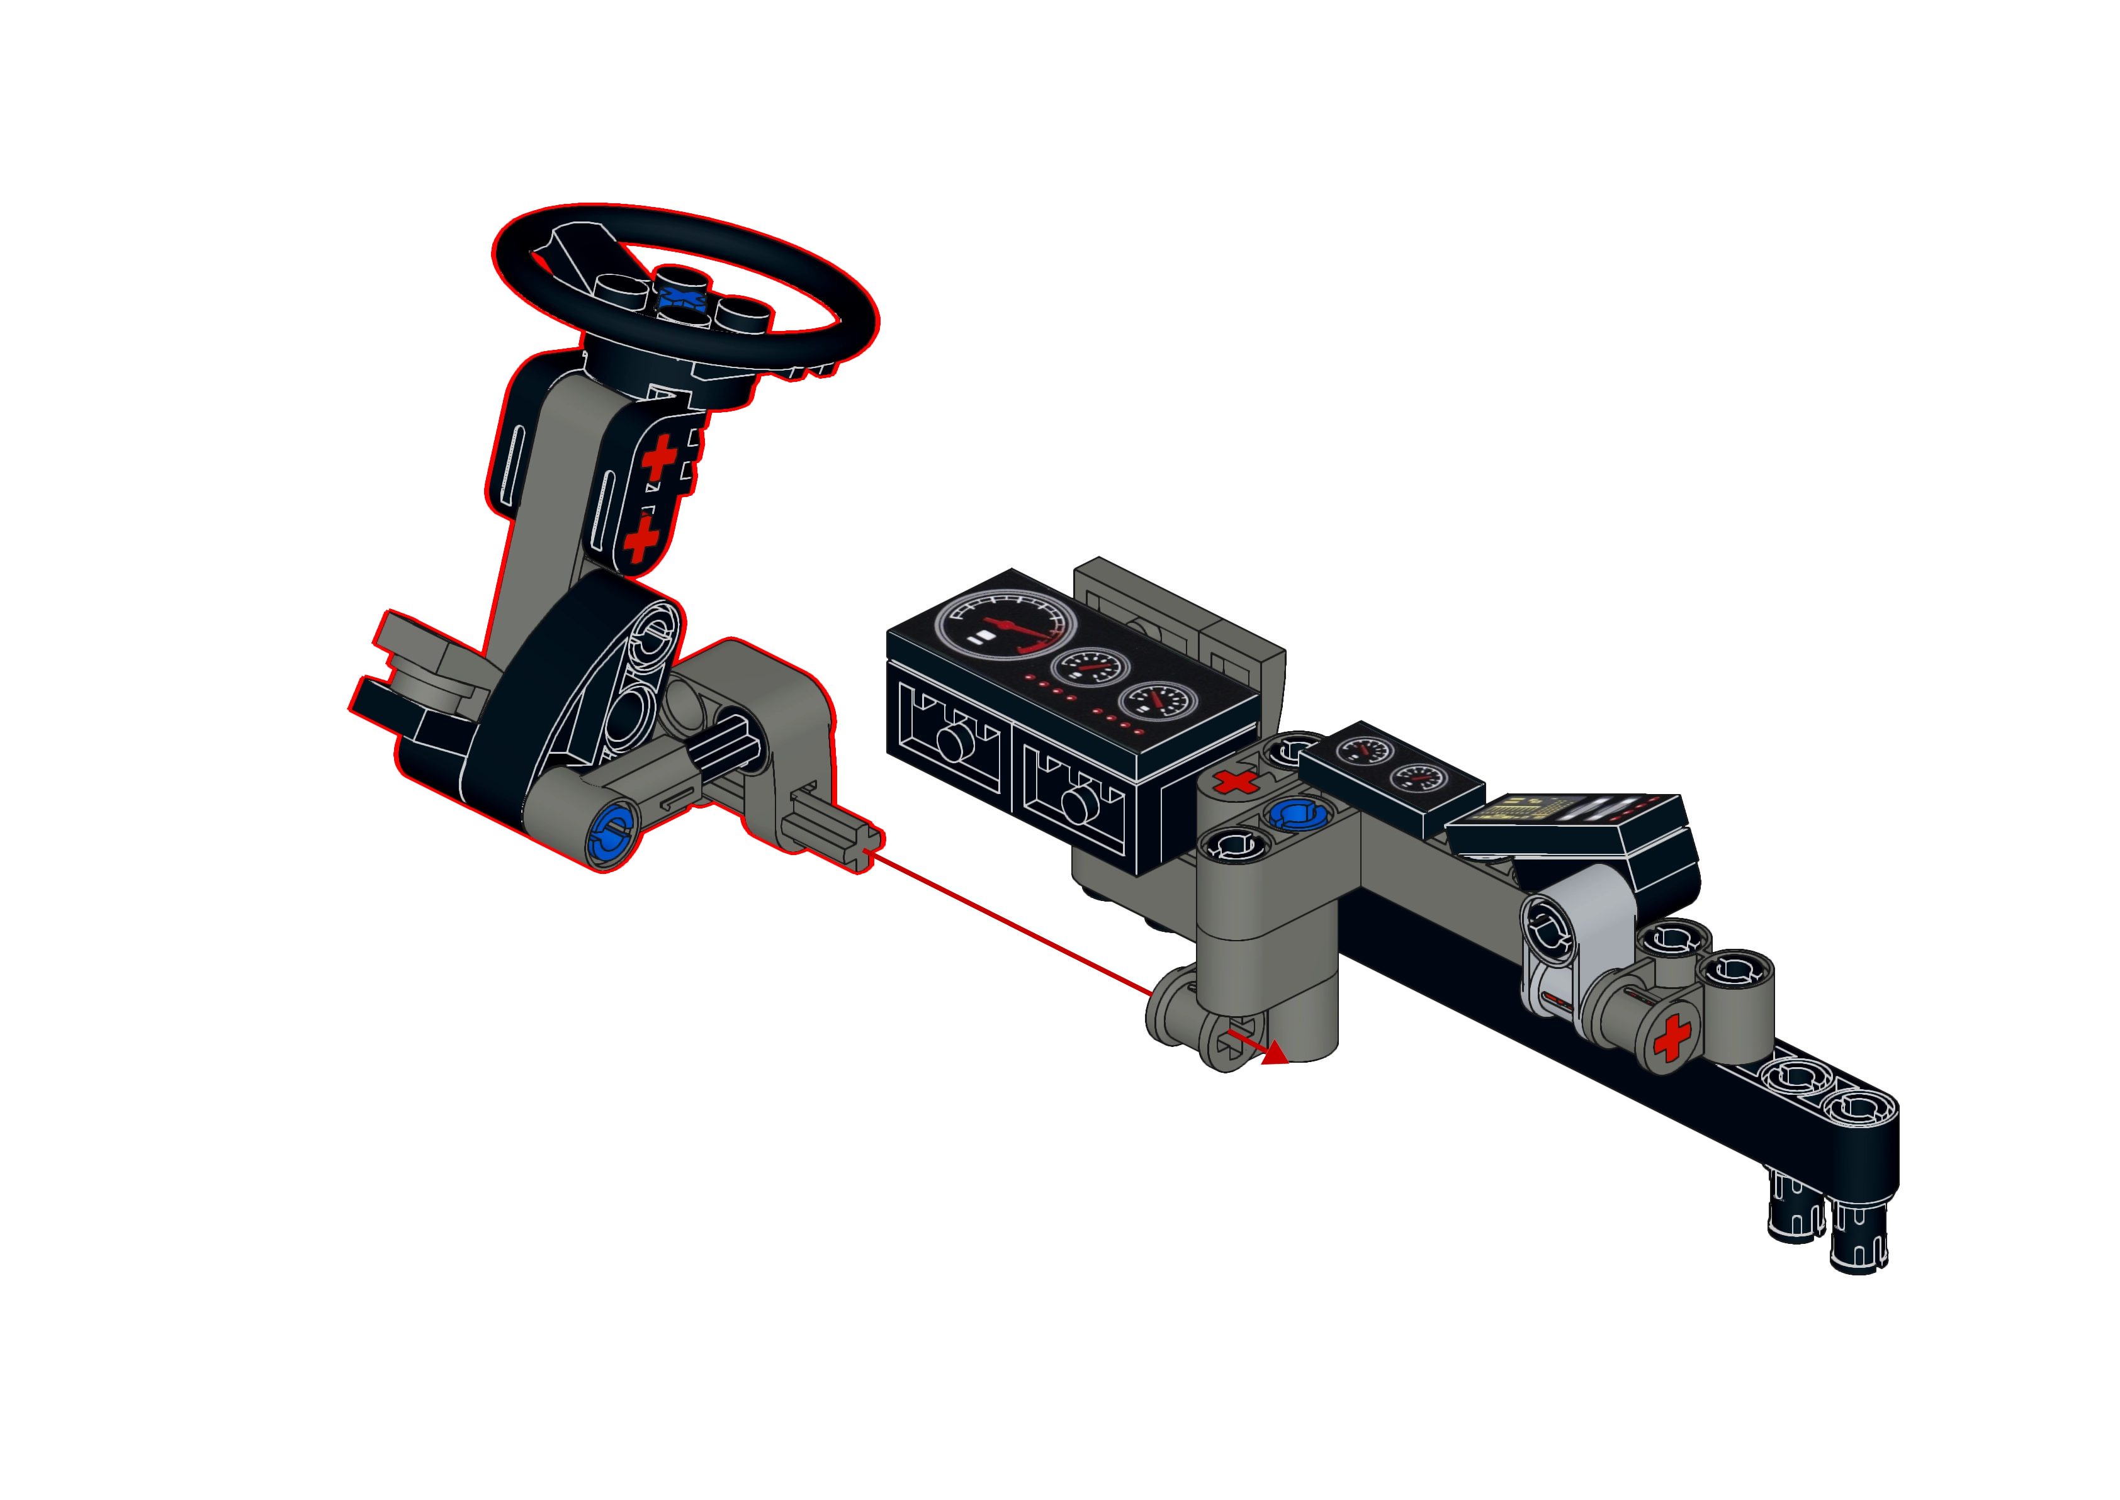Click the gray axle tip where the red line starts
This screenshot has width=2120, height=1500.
tap(854, 844)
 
